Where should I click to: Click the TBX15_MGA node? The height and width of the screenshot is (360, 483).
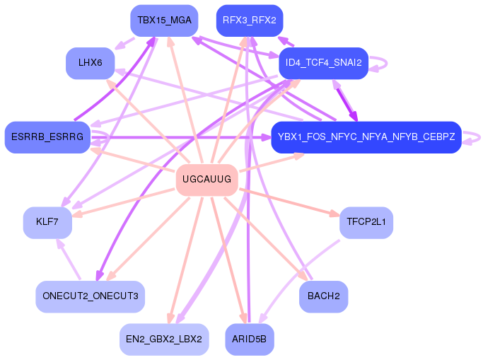point(164,20)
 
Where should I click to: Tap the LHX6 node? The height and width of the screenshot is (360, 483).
point(91,63)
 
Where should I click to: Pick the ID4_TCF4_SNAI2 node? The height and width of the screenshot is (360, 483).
point(323,63)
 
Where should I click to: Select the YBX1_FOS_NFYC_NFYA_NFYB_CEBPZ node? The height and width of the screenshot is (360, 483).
point(366,137)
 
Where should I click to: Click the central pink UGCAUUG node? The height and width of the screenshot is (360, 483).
point(206,180)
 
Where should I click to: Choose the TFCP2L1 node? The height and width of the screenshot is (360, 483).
point(366,222)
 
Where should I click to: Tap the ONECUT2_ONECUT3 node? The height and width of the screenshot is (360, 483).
point(91,296)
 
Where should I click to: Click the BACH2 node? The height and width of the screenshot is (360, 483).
point(323,296)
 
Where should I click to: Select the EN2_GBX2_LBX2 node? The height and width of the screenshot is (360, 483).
point(164,339)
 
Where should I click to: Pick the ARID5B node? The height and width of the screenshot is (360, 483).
point(249,339)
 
